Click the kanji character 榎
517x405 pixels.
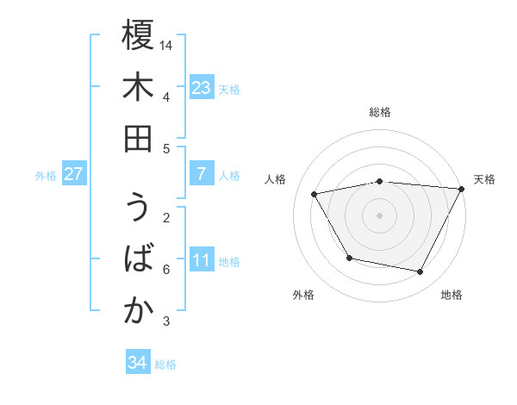coord(138,35)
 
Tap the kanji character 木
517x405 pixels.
coord(138,87)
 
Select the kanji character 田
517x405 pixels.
coord(138,139)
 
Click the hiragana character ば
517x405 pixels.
coord(138,259)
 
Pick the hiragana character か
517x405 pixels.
coord(138,311)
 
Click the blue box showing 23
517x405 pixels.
coord(201,87)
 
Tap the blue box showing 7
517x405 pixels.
coord(201,174)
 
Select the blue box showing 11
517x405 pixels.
coord(201,260)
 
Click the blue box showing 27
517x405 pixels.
coord(73,174)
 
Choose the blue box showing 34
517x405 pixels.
coord(137,363)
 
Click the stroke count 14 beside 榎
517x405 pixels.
coord(167,44)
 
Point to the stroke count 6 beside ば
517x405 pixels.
coord(166,270)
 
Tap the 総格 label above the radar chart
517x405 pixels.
coord(380,112)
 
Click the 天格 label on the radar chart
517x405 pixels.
coord(484,179)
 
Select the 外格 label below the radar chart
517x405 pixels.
coord(303,295)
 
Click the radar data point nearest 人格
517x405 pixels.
coord(315,195)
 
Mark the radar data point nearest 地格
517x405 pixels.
coord(420,272)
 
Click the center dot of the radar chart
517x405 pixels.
coord(380,215)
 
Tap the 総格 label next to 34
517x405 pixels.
coord(165,364)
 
